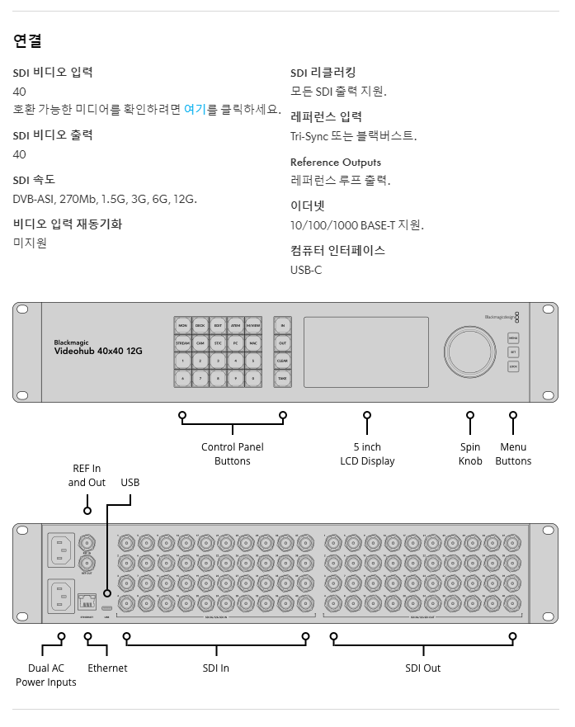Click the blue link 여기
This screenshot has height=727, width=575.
(195, 110)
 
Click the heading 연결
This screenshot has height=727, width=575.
(27, 40)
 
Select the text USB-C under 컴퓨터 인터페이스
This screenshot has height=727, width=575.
(306, 270)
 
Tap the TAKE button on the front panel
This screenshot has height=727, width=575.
(282, 379)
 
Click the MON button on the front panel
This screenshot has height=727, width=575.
(182, 325)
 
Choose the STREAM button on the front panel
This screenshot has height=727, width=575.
(182, 342)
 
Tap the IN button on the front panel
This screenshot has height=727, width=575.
(282, 325)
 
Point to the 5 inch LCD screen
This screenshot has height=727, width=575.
(364, 352)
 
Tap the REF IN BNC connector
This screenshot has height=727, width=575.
(87, 542)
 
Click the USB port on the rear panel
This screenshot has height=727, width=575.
(107, 592)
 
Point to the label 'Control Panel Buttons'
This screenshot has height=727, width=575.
(233, 454)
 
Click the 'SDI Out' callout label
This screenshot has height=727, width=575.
(422, 668)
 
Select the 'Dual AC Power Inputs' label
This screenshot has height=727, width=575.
(46, 675)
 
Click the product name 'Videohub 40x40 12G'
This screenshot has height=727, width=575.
(98, 351)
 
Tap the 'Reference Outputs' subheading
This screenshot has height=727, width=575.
(336, 162)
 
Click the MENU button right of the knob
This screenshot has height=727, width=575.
(513, 338)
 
